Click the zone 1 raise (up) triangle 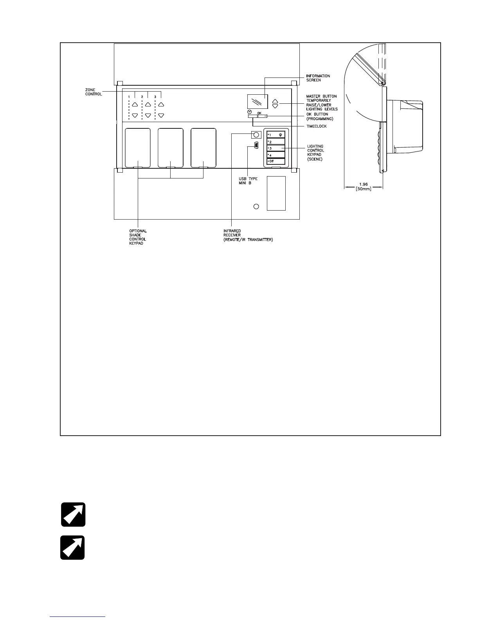[135, 105]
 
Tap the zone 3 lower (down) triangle [160, 115]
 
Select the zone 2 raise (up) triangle [148, 105]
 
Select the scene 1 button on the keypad [276, 135]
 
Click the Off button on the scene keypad [276, 161]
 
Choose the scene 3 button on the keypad [276, 148]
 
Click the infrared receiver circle [256, 135]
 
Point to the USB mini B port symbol [255, 146]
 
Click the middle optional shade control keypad [170, 148]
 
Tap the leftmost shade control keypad [137, 148]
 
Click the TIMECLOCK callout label [316, 126]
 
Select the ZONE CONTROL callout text [94, 92]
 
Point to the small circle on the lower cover [256, 206]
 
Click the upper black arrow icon [73, 514]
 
